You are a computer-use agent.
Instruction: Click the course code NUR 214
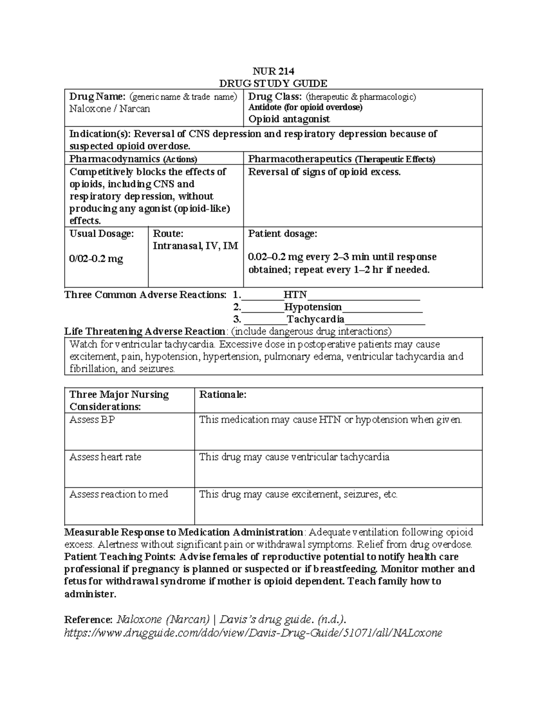tap(273, 71)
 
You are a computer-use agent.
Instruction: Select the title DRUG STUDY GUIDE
tap(273, 83)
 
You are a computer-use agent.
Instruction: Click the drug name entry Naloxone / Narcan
tap(109, 109)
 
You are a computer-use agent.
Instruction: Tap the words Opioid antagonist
tap(289, 119)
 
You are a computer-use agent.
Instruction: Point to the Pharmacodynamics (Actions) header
tap(133, 159)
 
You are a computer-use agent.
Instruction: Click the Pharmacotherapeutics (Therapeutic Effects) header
tap(341, 159)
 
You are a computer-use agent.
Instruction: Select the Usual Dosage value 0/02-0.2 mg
tap(96, 259)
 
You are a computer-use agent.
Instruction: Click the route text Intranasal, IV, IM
tap(195, 246)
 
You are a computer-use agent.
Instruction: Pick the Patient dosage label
tap(282, 234)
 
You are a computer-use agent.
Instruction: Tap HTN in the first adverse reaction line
tap(295, 295)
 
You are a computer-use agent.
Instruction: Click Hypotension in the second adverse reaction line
tap(313, 307)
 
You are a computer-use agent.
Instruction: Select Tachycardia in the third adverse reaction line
tap(315, 320)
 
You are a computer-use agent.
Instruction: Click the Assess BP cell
tap(92, 420)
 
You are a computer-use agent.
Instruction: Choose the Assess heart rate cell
tap(105, 457)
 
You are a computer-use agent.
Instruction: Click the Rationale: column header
tap(223, 395)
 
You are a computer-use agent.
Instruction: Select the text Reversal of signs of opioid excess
tap(324, 172)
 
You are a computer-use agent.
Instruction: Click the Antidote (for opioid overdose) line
tap(305, 108)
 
